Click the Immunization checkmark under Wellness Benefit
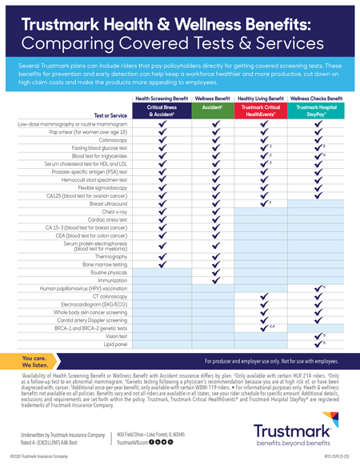(214, 280)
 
